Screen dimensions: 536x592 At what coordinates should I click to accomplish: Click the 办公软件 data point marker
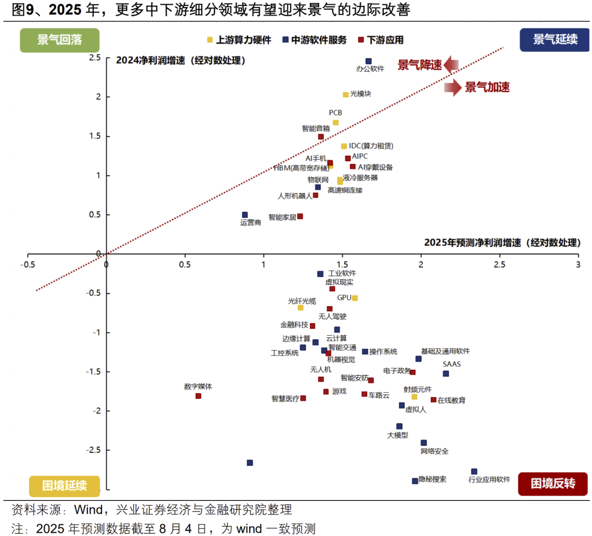coord(368,61)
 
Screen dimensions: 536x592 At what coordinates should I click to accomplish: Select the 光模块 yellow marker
coord(345,95)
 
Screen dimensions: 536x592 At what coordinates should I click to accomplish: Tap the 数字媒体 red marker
coord(198,396)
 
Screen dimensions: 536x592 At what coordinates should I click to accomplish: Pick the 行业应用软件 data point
coord(474,472)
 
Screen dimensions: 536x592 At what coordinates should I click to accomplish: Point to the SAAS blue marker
coord(446,374)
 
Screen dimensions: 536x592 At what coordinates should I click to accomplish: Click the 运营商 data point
coord(245,215)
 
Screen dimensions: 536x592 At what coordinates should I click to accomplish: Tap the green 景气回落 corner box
coord(59,40)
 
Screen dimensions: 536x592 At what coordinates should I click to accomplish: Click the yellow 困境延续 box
coord(64,486)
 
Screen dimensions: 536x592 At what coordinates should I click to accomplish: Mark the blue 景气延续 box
coord(555,40)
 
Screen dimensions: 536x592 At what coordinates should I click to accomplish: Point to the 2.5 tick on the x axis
coord(499,264)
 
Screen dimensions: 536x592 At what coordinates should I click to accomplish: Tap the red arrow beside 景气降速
coord(451,65)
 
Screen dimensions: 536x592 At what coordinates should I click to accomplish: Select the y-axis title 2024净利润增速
coord(180,60)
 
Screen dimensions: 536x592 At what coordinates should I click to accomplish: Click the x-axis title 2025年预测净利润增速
coord(502,242)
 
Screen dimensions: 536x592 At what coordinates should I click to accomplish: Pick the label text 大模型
coord(397,436)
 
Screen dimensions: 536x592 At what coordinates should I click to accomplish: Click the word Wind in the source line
coord(88,509)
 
